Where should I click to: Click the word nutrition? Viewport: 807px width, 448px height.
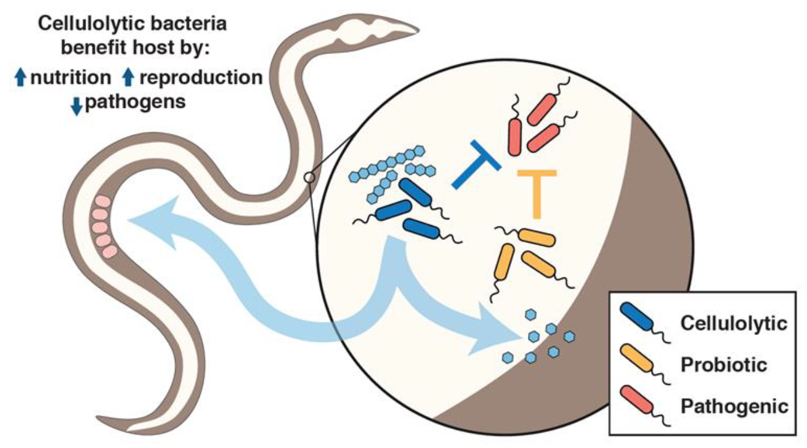(x=71, y=78)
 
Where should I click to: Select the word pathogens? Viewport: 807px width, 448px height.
(x=135, y=102)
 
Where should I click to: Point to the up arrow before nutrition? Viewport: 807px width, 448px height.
(x=20, y=78)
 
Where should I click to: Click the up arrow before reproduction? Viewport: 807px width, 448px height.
(x=128, y=78)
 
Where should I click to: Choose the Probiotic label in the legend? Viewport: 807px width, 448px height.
(x=723, y=364)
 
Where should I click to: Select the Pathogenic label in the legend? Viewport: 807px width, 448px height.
(x=734, y=406)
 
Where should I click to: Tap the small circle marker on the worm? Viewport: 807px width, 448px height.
(x=310, y=178)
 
